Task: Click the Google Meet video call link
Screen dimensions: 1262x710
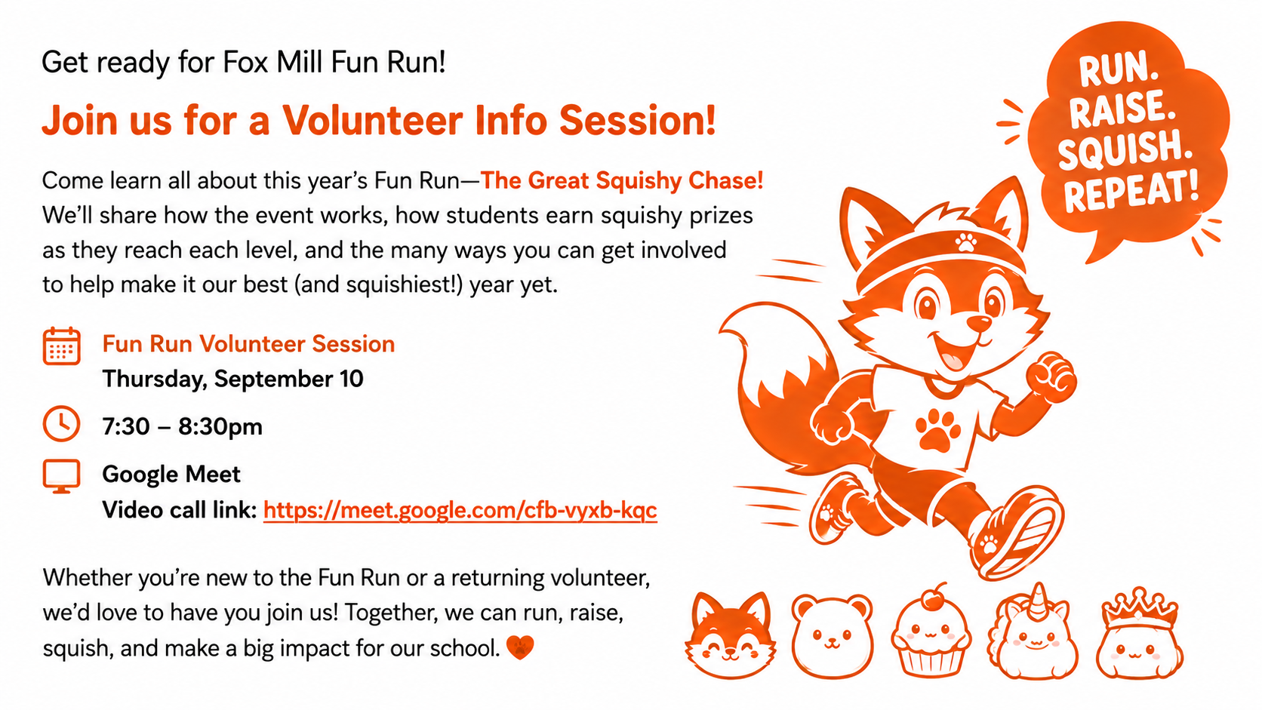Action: pos(460,510)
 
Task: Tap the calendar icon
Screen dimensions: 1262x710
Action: pos(61,346)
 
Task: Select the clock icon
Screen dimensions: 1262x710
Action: pos(61,423)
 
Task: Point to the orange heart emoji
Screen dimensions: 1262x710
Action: pos(519,647)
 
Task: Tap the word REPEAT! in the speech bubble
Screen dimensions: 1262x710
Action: pos(1131,192)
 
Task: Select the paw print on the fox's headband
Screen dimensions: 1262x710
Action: pos(965,242)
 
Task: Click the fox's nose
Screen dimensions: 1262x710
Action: pos(979,323)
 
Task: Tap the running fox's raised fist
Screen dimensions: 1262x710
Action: pos(1051,376)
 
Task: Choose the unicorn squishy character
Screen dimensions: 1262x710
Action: pos(1033,632)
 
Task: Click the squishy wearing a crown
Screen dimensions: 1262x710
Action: pos(1139,633)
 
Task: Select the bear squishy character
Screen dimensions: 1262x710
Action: pos(832,635)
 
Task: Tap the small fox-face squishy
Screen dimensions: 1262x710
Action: pos(730,635)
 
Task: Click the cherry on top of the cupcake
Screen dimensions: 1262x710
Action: pos(934,598)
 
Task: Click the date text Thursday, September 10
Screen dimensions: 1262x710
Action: pos(232,379)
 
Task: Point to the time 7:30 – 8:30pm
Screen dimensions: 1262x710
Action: pos(183,427)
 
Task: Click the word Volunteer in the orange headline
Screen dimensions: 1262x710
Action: pos(372,120)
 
